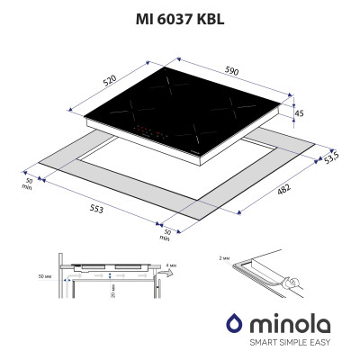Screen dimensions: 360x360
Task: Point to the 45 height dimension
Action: pos(300,112)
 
